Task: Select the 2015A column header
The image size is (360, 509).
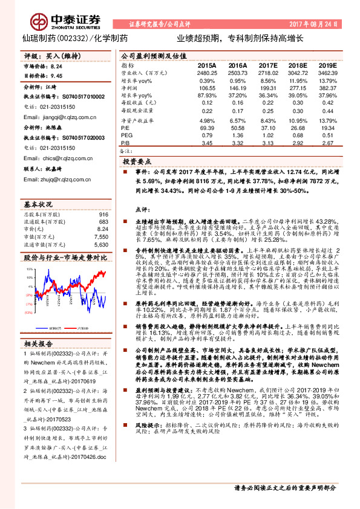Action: click(206, 65)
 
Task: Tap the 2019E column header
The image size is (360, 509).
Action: click(327, 65)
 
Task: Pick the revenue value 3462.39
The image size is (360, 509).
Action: click(327, 72)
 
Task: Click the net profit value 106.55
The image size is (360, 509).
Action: click(206, 88)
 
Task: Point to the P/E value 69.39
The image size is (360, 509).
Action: click(206, 128)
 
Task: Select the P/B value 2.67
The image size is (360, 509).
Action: click(327, 143)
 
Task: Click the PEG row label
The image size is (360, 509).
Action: click(125, 135)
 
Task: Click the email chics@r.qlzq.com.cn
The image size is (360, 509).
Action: click(51, 158)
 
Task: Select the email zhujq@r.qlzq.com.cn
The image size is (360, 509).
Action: click(52, 179)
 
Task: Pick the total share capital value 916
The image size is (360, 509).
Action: click(103, 214)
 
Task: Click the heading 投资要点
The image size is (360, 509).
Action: click(137, 163)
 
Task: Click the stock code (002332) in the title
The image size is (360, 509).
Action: click(73, 38)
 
